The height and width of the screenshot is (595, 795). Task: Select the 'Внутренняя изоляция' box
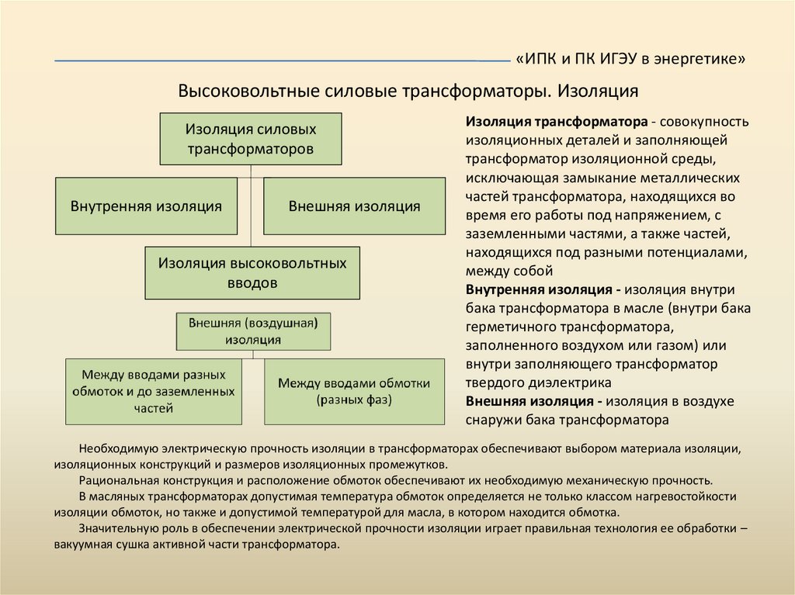tap(146, 206)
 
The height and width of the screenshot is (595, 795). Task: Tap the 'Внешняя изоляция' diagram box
tap(354, 206)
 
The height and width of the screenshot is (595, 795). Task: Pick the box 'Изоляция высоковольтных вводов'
tap(252, 273)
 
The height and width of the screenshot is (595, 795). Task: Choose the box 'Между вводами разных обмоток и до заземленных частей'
tap(153, 392)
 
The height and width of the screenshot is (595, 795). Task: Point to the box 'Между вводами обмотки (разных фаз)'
tap(354, 392)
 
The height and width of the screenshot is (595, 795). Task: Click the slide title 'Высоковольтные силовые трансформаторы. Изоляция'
tap(408, 92)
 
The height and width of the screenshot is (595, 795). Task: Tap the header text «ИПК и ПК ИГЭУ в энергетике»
tap(630, 60)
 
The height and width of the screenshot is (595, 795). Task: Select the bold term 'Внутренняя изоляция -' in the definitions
tap(543, 290)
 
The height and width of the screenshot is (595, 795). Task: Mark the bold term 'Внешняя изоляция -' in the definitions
tap(534, 402)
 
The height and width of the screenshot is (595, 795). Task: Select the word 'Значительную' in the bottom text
tap(116, 528)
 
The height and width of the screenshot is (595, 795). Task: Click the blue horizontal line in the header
tap(279, 61)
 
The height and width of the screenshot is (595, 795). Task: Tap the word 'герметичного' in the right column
tap(509, 327)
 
